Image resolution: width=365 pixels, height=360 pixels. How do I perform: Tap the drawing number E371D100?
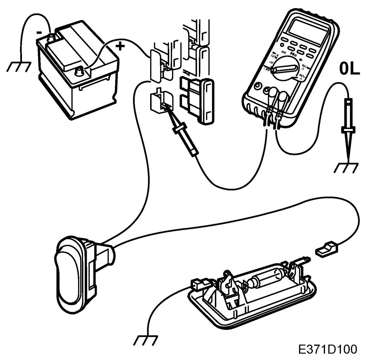[327, 349]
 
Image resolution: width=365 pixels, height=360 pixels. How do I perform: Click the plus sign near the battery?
[121, 46]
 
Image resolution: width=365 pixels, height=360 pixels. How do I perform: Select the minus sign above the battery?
[39, 32]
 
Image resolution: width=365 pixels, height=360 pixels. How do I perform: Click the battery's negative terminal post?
[51, 37]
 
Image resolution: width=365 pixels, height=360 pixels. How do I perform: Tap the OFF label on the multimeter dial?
[268, 69]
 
